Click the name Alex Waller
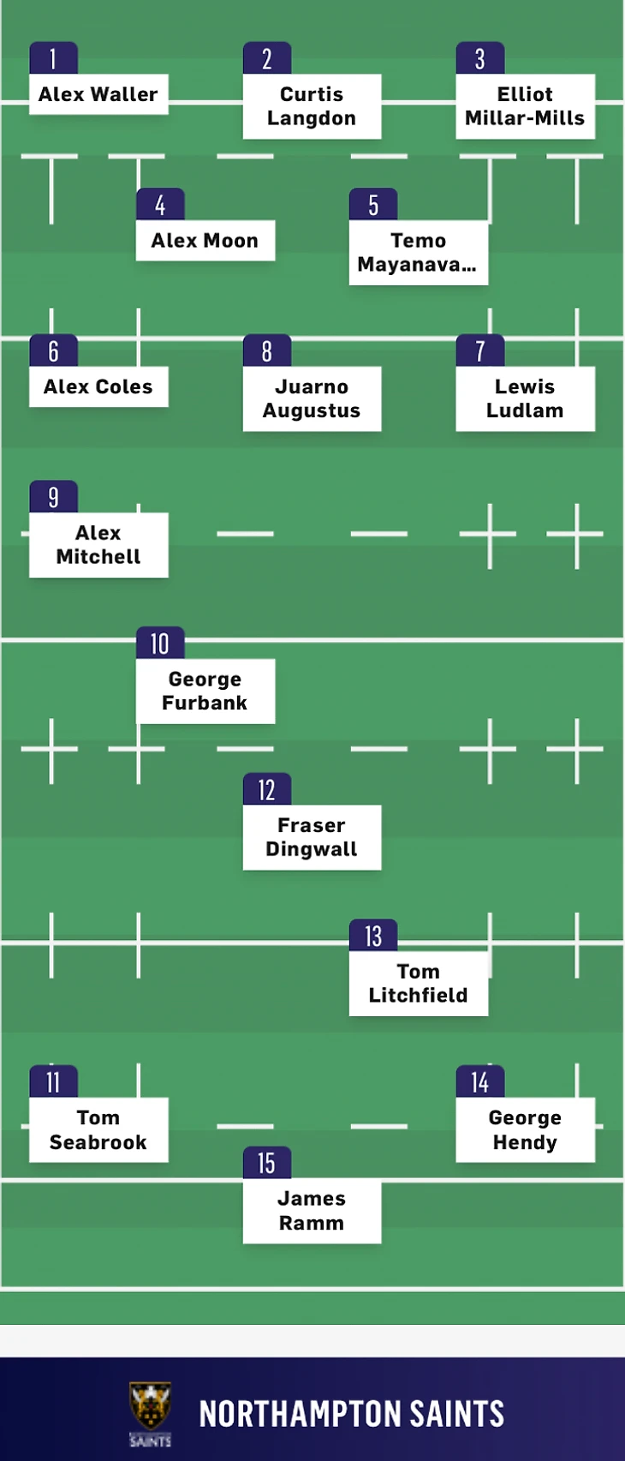[x=98, y=94]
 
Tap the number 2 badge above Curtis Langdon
[x=267, y=58]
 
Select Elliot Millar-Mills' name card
[x=525, y=106]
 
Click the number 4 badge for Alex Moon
[x=160, y=205]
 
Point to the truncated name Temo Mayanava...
[x=418, y=253]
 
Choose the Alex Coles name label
[x=98, y=387]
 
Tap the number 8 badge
[x=267, y=350]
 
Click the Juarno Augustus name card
[x=312, y=399]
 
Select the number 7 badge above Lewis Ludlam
[x=480, y=350]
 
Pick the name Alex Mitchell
[x=98, y=545]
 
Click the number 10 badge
[x=160, y=644]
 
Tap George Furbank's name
[x=205, y=692]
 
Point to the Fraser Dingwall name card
[x=312, y=837]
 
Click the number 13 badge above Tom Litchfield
[x=373, y=936]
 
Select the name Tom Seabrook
[x=98, y=1130]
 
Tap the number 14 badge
[x=480, y=1082]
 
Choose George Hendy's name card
[x=525, y=1130]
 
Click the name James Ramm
[x=312, y=1211]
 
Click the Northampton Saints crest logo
[x=150, y=1413]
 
